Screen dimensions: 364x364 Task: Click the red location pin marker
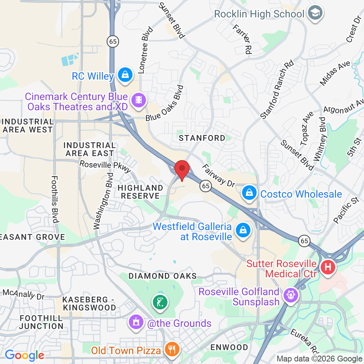pos(182,170)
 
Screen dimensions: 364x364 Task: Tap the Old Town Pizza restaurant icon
pos(171,350)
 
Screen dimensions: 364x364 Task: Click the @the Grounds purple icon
pos(135,323)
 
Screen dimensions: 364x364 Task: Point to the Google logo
pos(24,355)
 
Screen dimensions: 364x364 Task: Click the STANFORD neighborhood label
pos(202,138)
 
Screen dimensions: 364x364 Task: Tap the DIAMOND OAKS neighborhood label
pos(163,276)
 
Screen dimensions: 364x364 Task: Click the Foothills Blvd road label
pos(55,199)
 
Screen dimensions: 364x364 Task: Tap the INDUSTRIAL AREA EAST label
pos(90,149)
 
